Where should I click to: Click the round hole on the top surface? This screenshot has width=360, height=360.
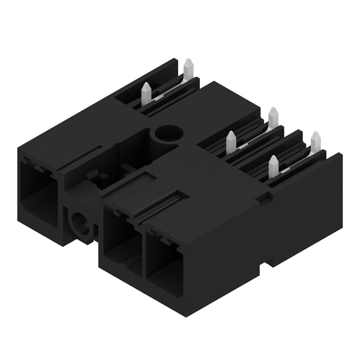[169, 134]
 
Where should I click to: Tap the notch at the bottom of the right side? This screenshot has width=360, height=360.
[270, 262]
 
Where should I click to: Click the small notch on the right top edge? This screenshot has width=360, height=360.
[269, 196]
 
